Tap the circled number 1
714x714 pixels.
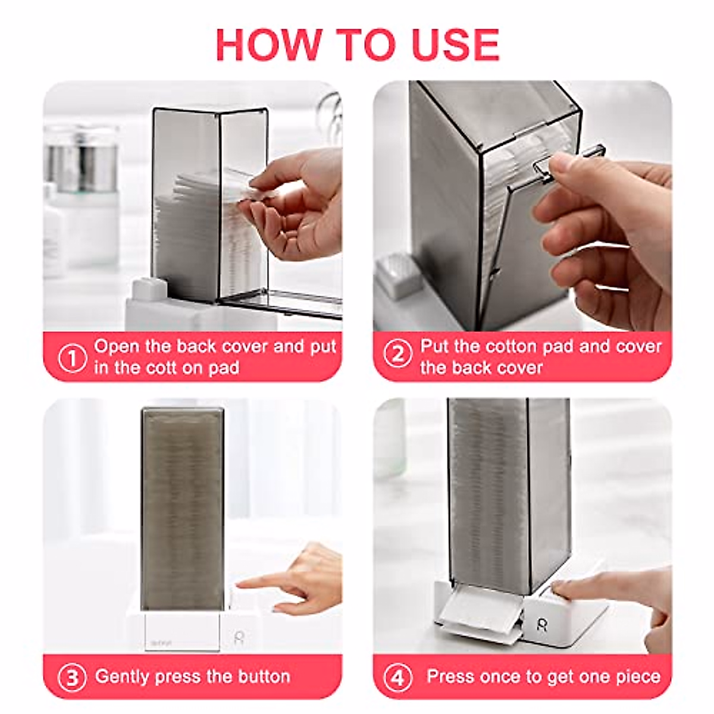[72, 358]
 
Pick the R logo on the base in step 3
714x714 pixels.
[239, 637]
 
